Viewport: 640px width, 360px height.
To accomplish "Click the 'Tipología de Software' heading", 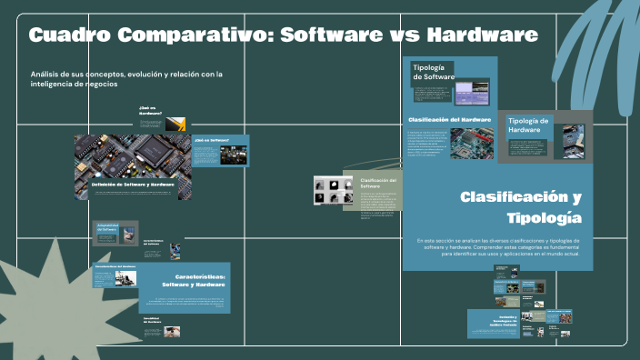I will point(434,72).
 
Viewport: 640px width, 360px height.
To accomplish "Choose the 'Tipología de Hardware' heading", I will point(528,125).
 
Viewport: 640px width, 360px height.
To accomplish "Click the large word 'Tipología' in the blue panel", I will point(543,218).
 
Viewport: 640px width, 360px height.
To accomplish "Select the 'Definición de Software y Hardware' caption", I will point(133,184).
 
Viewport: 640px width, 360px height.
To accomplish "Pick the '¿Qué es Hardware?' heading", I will point(149,110).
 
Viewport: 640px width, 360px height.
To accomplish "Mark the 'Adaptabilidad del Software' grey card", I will point(115,234).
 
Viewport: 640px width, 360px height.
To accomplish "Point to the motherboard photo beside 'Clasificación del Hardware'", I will point(473,142).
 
